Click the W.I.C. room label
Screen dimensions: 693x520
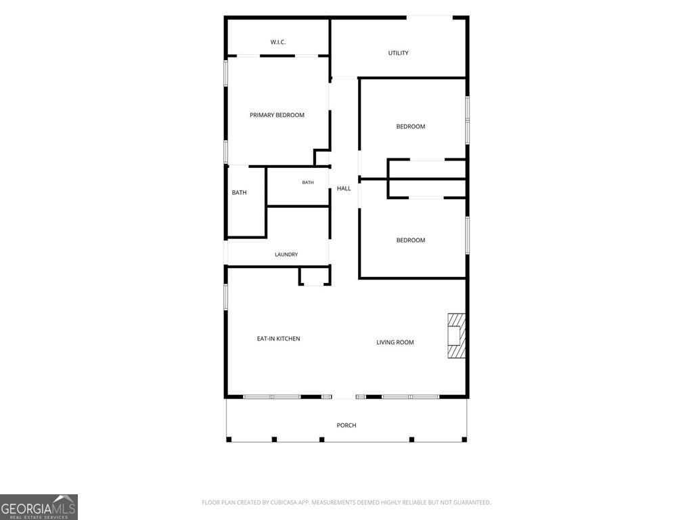(x=278, y=42)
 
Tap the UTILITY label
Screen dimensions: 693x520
(x=398, y=53)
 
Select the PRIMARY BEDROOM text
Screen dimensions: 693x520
(x=277, y=115)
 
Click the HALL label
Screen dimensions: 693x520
(x=344, y=188)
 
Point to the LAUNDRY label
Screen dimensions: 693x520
(x=286, y=255)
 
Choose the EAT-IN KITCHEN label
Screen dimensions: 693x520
(x=278, y=339)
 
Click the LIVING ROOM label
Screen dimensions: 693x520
(x=395, y=342)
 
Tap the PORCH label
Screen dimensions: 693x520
(x=346, y=425)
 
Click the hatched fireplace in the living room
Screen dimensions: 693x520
(x=457, y=336)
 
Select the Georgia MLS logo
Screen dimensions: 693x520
(x=39, y=507)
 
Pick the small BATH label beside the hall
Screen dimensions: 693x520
(x=308, y=183)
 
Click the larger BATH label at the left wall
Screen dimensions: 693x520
(x=239, y=193)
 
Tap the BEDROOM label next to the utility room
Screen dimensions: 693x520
(x=411, y=127)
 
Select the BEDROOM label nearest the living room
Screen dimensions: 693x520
(x=411, y=240)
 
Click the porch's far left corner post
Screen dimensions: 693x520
(x=229, y=439)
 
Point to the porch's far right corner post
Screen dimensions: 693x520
(x=464, y=439)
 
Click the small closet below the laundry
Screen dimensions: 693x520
(x=315, y=276)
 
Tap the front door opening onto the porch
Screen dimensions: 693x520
(x=344, y=397)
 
